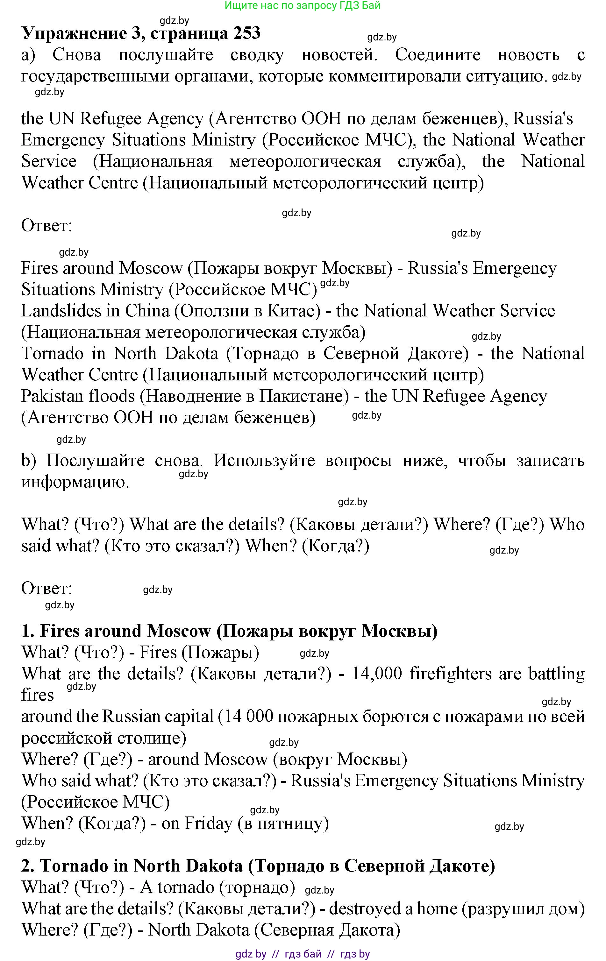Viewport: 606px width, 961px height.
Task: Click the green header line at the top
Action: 302,6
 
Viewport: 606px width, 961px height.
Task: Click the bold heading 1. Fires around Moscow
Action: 229,631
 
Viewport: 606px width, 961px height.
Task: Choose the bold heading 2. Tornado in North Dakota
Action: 258,866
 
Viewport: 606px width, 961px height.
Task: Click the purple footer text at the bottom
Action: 302,954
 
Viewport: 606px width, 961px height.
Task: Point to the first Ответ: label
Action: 46,226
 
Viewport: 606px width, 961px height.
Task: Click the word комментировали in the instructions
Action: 393,76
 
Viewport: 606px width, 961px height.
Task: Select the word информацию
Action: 75,482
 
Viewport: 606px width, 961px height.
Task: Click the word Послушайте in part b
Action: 95,461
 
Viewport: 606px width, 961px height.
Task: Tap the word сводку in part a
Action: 257,55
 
